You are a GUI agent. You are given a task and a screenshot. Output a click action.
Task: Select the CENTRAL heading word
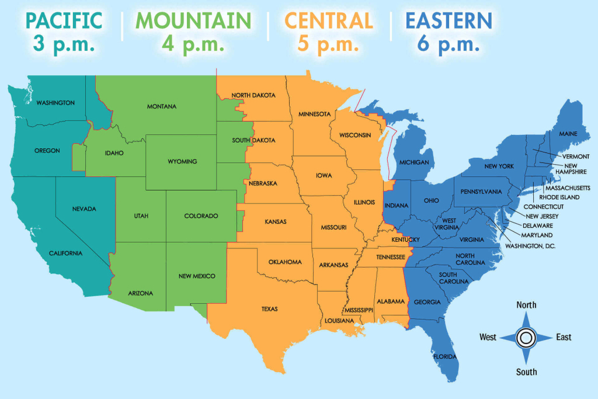[329, 20]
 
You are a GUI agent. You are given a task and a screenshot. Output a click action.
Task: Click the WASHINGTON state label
[55, 103]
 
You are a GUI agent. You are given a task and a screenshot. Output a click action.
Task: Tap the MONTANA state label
[162, 106]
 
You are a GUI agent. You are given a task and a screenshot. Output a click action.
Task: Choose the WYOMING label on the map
[182, 161]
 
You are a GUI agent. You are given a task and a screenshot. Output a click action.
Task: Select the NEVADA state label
[85, 209]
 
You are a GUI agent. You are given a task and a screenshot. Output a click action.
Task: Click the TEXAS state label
[270, 309]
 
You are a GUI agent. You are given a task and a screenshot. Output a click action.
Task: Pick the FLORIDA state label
[445, 356]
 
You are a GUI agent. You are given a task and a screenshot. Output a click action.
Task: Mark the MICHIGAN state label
[415, 162]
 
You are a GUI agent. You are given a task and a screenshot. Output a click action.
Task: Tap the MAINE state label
[568, 134]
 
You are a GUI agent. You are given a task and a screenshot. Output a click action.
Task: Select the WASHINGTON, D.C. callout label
[530, 246]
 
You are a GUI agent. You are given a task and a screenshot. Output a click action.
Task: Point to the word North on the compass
[526, 305]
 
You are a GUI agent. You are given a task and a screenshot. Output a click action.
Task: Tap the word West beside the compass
[488, 337]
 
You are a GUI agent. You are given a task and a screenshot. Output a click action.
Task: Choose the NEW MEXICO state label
[197, 276]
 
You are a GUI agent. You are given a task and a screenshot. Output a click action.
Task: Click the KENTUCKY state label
[406, 240]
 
